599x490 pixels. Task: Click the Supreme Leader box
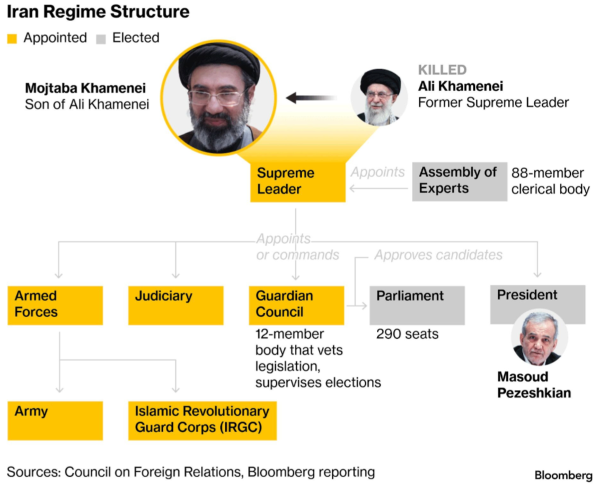click(x=297, y=181)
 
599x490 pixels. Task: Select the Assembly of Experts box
click(x=459, y=181)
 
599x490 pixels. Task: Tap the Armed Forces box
click(x=55, y=305)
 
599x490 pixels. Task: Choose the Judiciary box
click(x=175, y=305)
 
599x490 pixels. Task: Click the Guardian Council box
click(x=296, y=305)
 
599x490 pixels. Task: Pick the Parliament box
click(x=417, y=305)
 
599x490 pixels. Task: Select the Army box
click(x=55, y=420)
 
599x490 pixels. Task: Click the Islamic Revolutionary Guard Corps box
click(x=202, y=420)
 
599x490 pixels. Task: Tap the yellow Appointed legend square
click(x=13, y=39)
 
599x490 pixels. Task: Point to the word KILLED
click(x=442, y=70)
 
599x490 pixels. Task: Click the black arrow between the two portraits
click(x=311, y=98)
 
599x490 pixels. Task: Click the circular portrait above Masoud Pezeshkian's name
click(x=539, y=338)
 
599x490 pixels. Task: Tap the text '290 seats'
click(x=407, y=334)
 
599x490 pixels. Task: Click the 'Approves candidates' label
click(x=438, y=255)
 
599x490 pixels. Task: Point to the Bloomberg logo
click(x=563, y=475)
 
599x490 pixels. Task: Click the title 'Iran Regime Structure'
click(x=98, y=12)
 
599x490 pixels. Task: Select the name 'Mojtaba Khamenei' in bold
click(x=85, y=88)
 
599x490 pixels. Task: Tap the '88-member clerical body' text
click(x=550, y=181)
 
